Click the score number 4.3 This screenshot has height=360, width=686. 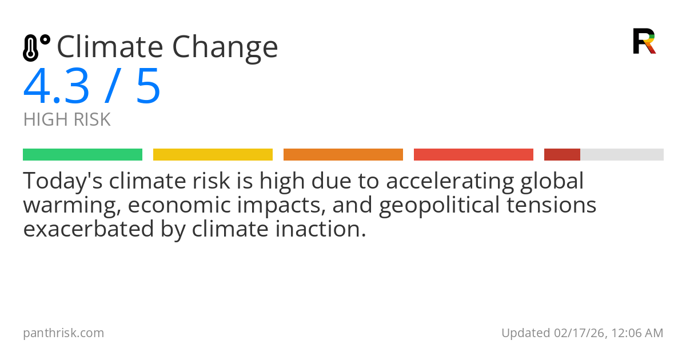coord(56,87)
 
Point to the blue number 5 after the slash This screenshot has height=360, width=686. coord(148,87)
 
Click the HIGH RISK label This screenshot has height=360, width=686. coord(67,120)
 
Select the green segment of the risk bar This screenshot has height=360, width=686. coord(82,155)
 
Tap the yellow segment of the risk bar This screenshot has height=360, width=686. coord(213,155)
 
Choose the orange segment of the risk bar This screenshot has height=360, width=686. coord(343,155)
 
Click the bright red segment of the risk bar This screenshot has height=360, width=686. coord(473,155)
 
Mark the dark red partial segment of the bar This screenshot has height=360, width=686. coord(562,155)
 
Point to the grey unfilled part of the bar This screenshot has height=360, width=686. coord(622,155)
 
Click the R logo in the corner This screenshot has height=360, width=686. coord(644,41)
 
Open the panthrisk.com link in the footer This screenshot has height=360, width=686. coord(63,333)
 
